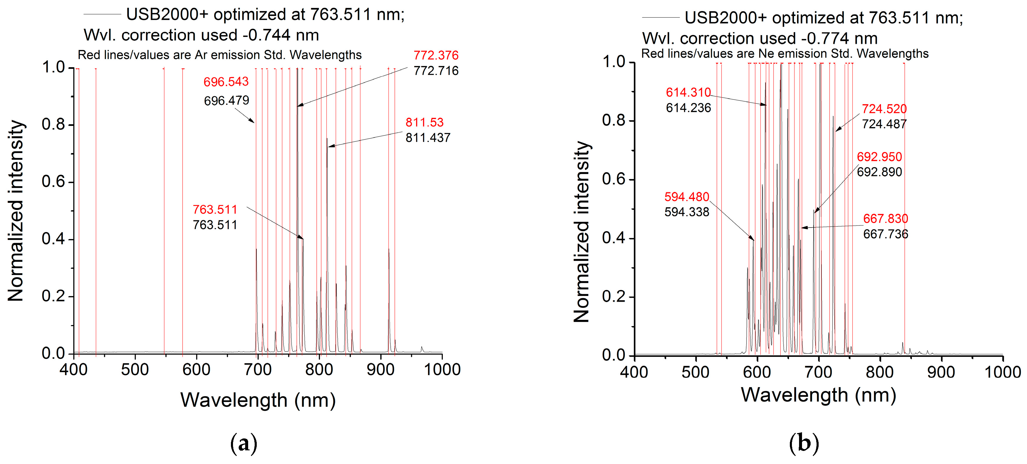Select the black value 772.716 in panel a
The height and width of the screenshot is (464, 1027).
coord(436,71)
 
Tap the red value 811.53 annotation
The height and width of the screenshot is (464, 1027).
coord(424,122)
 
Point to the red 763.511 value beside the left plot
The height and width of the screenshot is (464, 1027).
coord(215,209)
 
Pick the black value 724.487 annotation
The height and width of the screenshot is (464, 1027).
coord(884,124)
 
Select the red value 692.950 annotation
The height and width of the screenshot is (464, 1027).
coord(879,157)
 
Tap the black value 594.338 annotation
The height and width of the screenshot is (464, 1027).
coord(687,212)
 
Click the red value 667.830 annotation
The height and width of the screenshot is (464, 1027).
coord(885,219)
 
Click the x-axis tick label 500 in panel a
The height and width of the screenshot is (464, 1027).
coord(135,370)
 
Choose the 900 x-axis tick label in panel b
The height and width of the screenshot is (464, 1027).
coord(941,372)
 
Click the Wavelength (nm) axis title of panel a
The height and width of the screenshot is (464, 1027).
coord(258,400)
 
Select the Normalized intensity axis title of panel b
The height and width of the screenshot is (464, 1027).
coord(582,231)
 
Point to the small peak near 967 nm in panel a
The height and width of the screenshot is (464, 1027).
coord(422,349)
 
